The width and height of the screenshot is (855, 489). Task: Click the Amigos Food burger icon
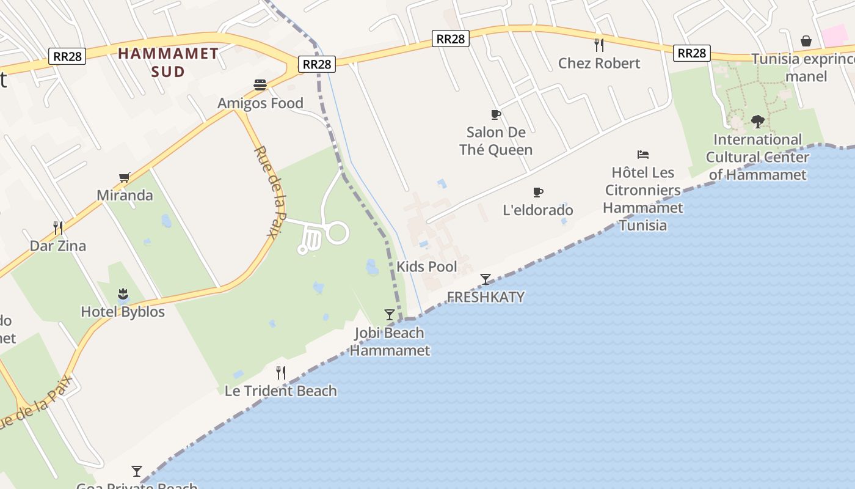pos(260,84)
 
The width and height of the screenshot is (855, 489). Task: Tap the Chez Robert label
pos(599,63)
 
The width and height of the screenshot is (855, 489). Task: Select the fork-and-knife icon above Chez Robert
pos(599,45)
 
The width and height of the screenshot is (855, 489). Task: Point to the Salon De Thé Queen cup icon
pos(496,114)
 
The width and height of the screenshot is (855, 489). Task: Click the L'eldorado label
pos(538,210)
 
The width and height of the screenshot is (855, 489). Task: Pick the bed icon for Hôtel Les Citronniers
pos(642,155)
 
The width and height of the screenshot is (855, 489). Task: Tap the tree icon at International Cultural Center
pos(757,122)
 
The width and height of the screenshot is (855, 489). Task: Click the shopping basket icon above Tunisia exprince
pos(806,41)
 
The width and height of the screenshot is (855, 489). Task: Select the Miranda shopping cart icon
pos(125,177)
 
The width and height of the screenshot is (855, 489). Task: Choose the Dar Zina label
pos(58,246)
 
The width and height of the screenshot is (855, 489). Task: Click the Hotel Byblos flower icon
pos(123,294)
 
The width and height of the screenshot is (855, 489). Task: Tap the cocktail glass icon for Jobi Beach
pos(390,315)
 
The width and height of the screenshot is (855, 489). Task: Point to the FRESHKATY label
pos(486,297)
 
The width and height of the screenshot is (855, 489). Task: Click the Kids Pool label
pos(427,267)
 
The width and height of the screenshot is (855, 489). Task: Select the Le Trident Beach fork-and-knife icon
pos(281,372)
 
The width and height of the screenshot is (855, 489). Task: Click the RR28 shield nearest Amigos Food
pos(318,64)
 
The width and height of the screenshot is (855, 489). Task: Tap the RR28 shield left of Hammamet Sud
pos(67,56)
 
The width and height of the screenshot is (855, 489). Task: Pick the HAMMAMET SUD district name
pos(168,62)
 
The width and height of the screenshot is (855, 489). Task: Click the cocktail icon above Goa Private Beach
pos(137,471)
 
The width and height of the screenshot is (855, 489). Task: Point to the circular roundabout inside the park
pos(337,233)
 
